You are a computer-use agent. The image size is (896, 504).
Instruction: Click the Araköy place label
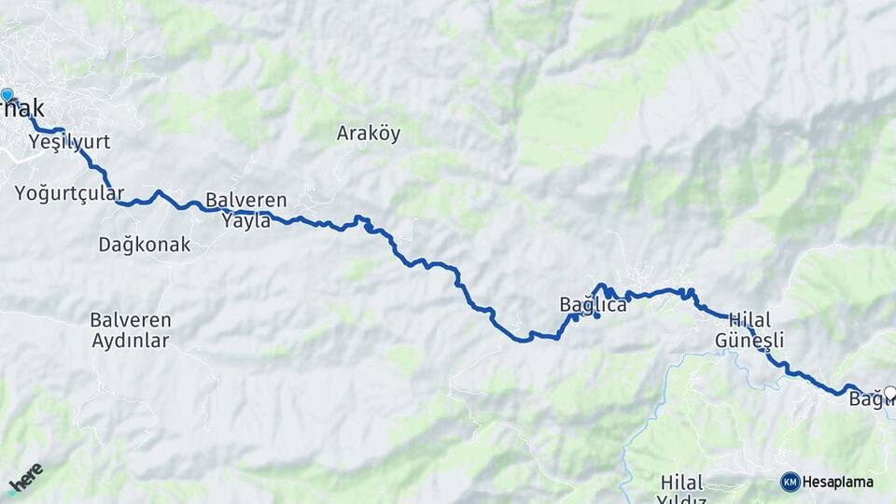click(x=369, y=133)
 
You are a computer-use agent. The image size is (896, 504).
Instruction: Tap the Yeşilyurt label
click(x=69, y=142)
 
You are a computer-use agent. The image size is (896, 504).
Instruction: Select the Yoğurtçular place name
click(x=69, y=193)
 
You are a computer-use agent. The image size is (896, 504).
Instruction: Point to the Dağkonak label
click(x=145, y=245)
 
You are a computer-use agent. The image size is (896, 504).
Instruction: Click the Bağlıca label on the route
click(x=593, y=304)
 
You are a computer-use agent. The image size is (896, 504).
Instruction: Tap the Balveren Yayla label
click(x=246, y=210)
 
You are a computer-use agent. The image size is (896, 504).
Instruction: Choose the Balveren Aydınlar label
click(x=131, y=329)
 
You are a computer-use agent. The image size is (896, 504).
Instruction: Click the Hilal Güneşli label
click(x=749, y=329)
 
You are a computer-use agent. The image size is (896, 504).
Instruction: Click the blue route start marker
click(x=7, y=94)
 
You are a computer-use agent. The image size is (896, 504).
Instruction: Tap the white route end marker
click(x=889, y=393)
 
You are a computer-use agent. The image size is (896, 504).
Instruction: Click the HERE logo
click(x=25, y=479)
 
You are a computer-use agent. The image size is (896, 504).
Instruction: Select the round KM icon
click(x=791, y=482)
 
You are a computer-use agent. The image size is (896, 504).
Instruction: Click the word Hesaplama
click(x=838, y=482)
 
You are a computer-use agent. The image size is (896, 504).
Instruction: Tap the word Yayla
click(x=246, y=221)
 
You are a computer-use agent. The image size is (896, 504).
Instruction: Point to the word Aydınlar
click(x=131, y=341)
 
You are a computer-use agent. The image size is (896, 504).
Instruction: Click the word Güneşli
click(x=749, y=340)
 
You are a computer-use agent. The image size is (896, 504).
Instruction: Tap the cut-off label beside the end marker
click(x=865, y=400)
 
